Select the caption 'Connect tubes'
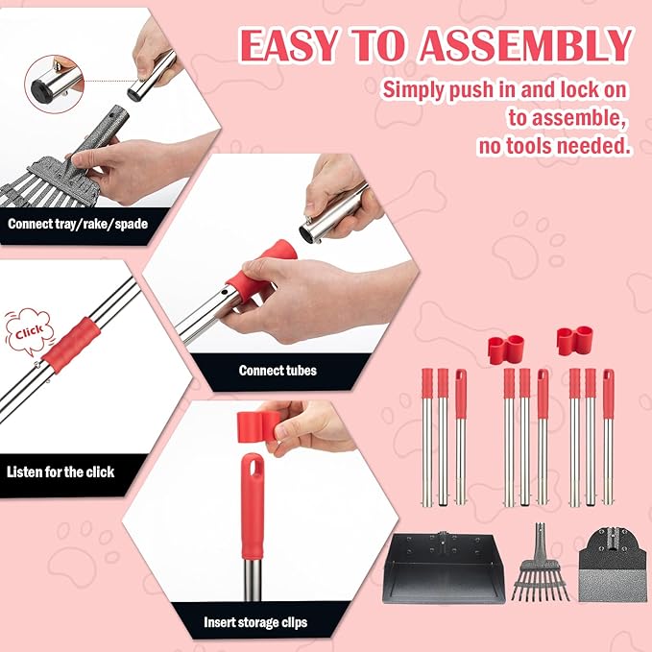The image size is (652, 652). (x=278, y=370)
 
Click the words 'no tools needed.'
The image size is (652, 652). (x=554, y=146)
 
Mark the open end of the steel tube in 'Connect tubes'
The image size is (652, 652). (x=313, y=231)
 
